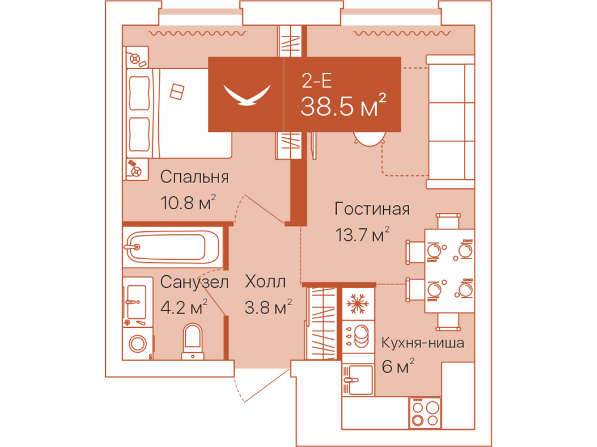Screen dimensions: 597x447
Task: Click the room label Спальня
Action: [194, 177]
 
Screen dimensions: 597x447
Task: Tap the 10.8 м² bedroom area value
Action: [188, 202]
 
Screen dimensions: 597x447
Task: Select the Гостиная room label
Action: [372, 209]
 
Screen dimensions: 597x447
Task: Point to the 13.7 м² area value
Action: [362, 234]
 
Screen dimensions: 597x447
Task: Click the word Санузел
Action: [194, 282]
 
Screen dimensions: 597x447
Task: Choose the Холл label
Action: [266, 282]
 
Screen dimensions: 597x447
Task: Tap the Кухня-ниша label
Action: [423, 343]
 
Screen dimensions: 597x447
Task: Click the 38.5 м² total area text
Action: [343, 105]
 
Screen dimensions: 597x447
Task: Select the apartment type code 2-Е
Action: [316, 80]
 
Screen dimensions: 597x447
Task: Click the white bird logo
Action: [247, 95]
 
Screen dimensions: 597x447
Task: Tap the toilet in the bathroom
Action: [193, 342]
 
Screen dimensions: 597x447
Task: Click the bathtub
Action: [173, 247]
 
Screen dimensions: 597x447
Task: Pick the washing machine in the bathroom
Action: [138, 344]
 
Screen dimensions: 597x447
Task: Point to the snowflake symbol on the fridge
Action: [356, 303]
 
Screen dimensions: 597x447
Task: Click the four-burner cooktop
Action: [425, 413]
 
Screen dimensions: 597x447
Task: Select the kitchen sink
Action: [358, 380]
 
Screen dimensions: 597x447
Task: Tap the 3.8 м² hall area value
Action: [268, 307]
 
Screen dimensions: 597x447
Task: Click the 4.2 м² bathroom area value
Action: [184, 307]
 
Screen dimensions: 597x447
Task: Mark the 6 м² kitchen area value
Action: [398, 367]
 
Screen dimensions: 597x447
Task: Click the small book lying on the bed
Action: [177, 92]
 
